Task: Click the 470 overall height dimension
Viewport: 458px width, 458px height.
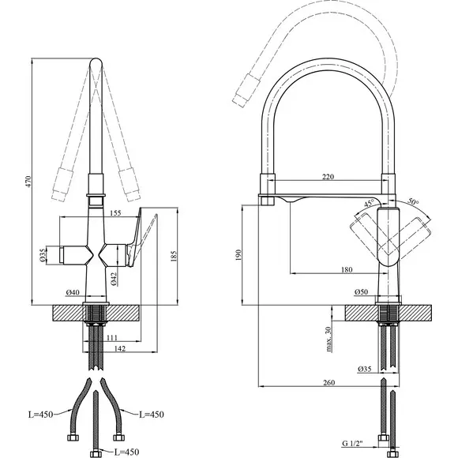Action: (x=28, y=182)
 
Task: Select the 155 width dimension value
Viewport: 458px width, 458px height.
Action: (x=115, y=213)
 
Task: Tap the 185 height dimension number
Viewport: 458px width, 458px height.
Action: (x=174, y=256)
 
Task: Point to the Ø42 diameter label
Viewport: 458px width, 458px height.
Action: (x=114, y=279)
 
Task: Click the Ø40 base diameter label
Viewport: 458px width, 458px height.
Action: (x=73, y=292)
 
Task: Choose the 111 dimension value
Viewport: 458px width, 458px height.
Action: (x=111, y=338)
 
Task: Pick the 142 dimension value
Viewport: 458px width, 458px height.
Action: (x=119, y=348)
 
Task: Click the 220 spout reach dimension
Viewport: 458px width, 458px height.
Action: (x=328, y=176)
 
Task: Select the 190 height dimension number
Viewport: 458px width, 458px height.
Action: (x=238, y=255)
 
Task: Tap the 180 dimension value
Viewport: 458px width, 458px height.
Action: (x=347, y=269)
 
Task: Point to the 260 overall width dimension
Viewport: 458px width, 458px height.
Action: (x=329, y=382)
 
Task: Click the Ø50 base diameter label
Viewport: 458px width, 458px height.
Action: (x=362, y=292)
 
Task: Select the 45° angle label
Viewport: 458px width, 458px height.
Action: (x=370, y=203)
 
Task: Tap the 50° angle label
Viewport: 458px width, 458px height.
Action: (x=413, y=201)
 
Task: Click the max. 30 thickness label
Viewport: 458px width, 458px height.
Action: (x=329, y=339)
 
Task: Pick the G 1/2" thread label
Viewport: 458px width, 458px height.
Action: (x=352, y=452)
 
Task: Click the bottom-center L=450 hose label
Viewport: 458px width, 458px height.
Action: (x=125, y=452)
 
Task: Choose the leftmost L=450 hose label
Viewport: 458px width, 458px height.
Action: (x=41, y=415)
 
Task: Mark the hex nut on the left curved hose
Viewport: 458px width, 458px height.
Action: (x=72, y=437)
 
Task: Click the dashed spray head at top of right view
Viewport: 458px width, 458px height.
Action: (x=246, y=90)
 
